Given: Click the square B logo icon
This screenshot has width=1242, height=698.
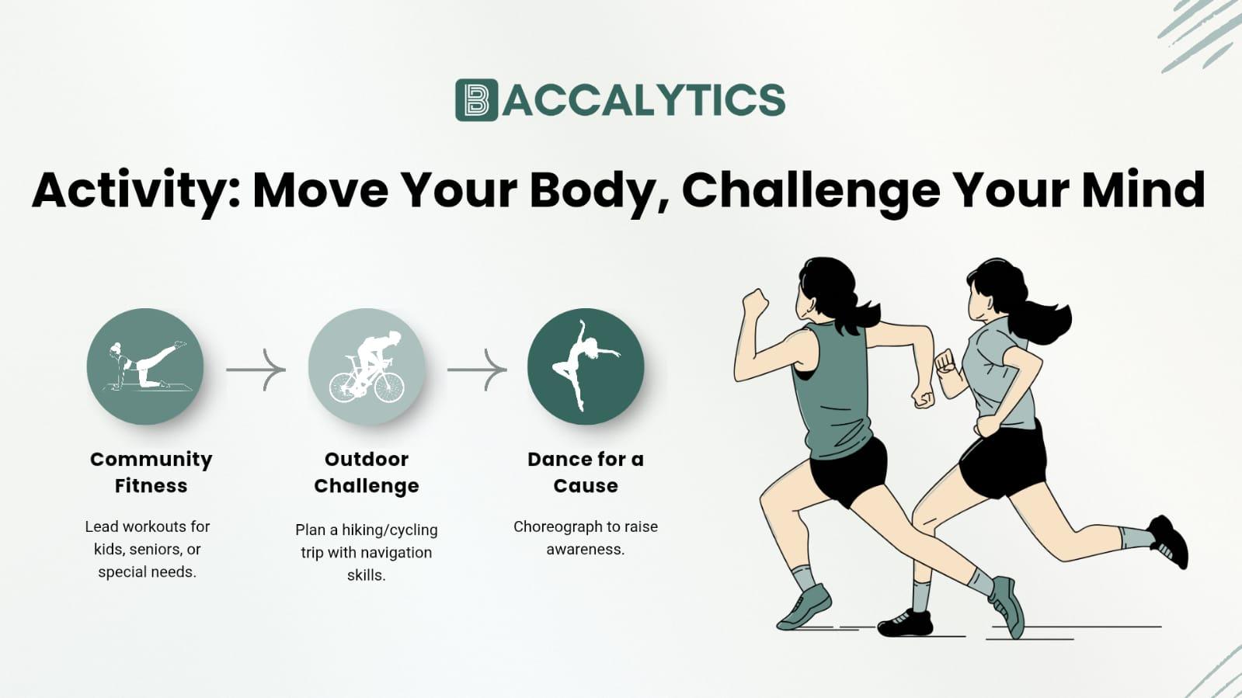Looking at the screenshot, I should (476, 100).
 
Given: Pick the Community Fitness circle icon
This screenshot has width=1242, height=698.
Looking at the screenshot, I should (145, 366).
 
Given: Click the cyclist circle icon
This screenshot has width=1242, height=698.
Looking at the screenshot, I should (367, 366).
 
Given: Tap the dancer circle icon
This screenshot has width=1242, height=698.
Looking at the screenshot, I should (586, 366).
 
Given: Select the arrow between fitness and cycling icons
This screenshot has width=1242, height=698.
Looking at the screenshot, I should (256, 370).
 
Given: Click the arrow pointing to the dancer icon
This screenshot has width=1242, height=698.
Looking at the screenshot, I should (477, 370).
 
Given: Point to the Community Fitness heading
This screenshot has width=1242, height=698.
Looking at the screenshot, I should (151, 472).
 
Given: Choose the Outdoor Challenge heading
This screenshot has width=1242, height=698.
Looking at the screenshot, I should (367, 472).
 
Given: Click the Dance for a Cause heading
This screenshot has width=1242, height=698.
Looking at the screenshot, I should (586, 472).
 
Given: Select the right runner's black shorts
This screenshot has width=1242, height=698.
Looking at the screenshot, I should (1004, 462).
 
